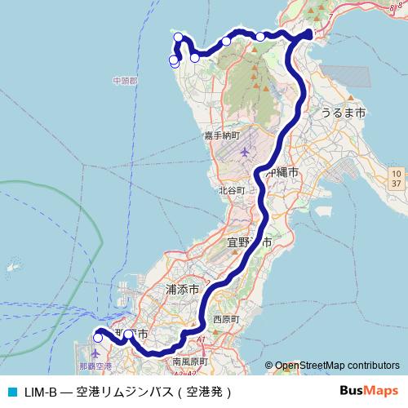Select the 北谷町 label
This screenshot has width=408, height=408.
click(231, 190)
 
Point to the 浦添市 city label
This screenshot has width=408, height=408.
click(182, 289)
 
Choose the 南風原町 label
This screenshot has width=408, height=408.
click(190, 360)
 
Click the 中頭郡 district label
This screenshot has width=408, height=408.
click(125, 82)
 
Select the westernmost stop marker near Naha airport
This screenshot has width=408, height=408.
click(98, 337)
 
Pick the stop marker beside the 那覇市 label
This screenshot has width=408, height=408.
click(128, 334)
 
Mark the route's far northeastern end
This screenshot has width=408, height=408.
click(309, 33)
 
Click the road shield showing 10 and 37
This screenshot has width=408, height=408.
click(396, 179)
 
